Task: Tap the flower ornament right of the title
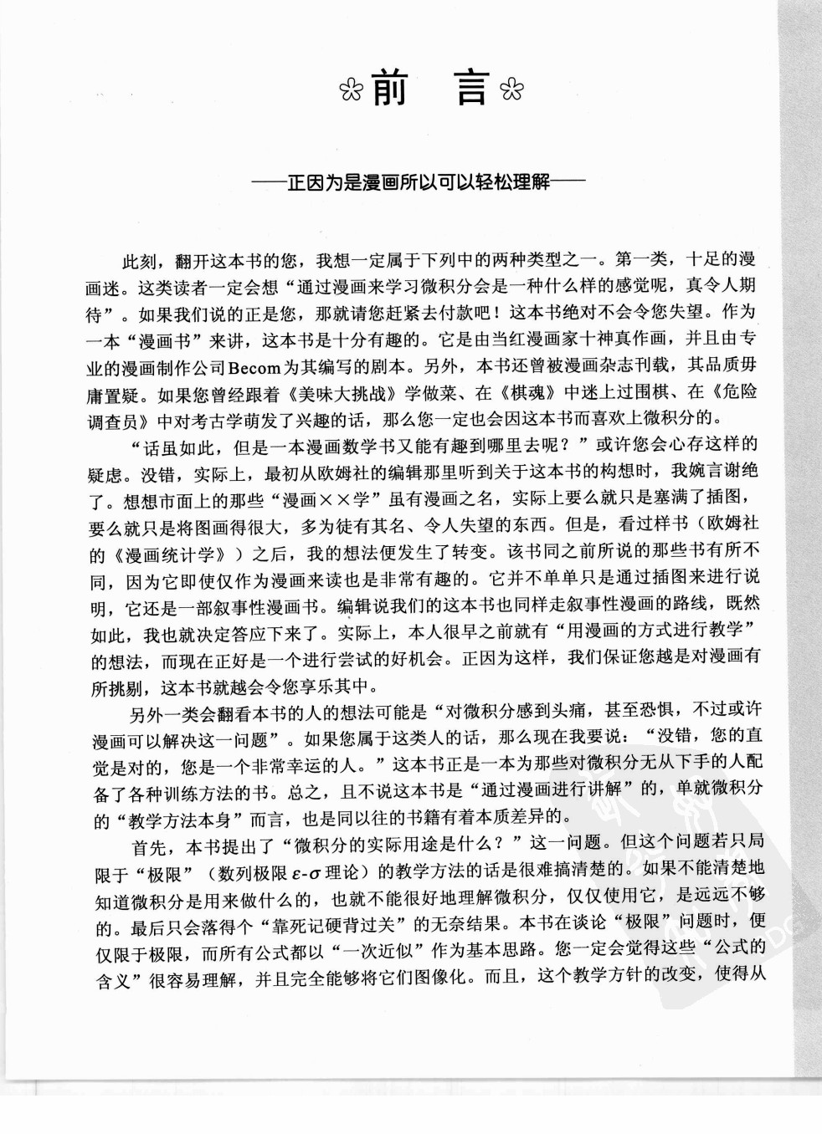[509, 89]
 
